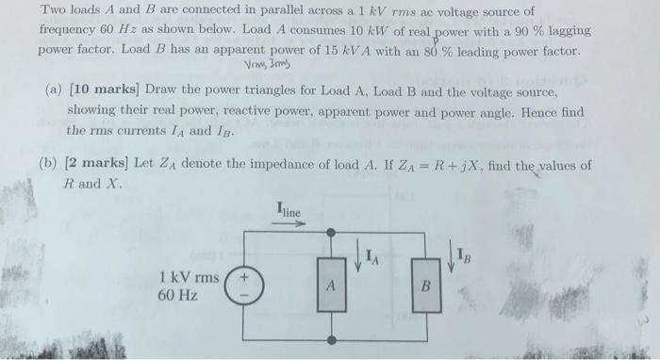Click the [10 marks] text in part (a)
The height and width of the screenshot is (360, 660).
click(x=99, y=94)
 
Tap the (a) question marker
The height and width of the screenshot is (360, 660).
click(x=54, y=94)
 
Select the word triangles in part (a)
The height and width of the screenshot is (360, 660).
click(x=243, y=94)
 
